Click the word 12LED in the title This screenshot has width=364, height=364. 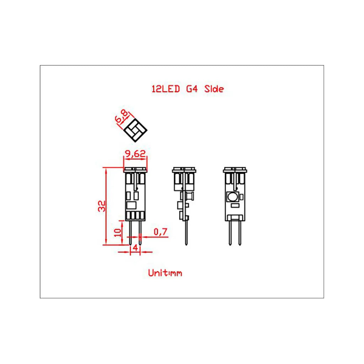click(166, 89)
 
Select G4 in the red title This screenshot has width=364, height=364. click(192, 89)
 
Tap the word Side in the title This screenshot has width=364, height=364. click(214, 89)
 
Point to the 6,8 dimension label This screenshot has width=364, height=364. click(122, 116)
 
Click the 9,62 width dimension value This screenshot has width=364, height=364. click(135, 154)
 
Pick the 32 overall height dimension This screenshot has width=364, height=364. click(102, 206)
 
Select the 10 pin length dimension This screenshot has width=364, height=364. click(118, 232)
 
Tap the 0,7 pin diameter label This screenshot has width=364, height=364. click(160, 231)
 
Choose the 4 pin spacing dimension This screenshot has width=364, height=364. click(135, 248)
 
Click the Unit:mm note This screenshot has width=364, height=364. click(165, 273)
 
